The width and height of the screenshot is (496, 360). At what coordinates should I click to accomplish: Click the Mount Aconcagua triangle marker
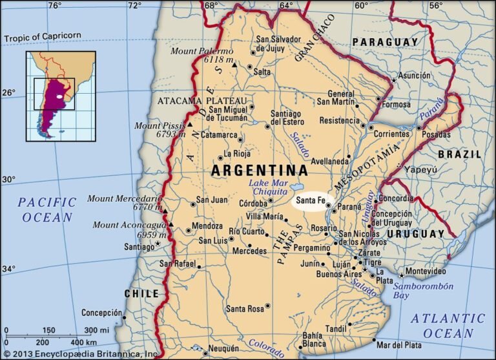(x=172, y=224)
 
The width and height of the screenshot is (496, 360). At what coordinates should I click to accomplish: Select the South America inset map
(x=60, y=96)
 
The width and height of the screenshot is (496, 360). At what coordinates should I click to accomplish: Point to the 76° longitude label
(x=55, y=6)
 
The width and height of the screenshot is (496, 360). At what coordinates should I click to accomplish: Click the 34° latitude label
(x=8, y=268)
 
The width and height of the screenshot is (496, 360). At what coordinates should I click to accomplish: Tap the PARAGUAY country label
(x=386, y=42)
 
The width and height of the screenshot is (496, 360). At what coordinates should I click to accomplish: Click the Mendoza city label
(x=207, y=227)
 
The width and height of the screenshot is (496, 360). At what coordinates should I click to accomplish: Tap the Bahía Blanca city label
(x=313, y=339)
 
